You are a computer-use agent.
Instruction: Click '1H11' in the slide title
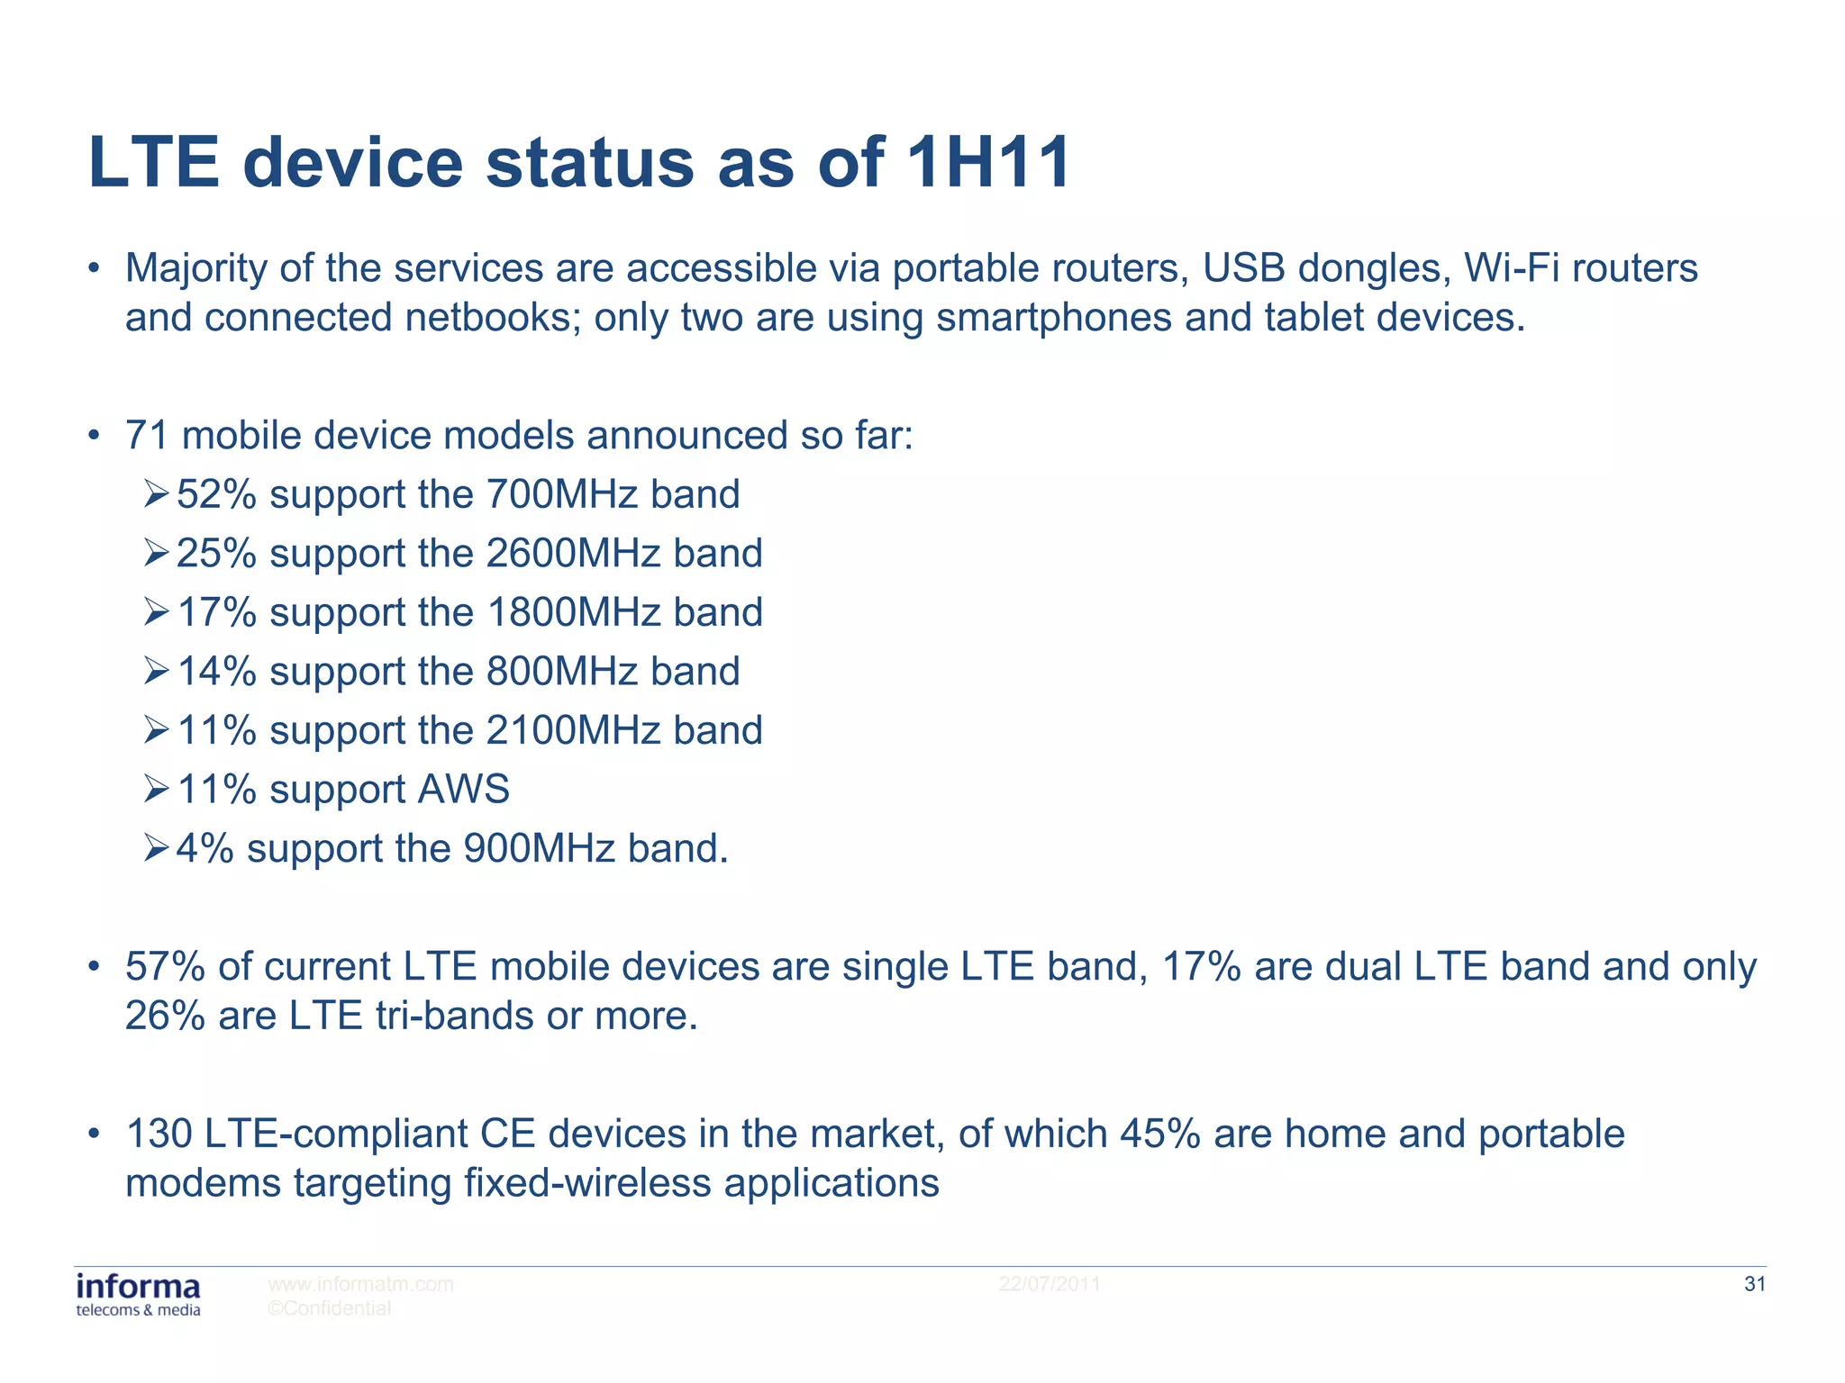coord(987,163)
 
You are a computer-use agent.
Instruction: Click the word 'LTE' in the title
coord(154,163)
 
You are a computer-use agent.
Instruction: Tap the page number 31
coord(1754,1284)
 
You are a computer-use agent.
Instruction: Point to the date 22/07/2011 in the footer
coord(1049,1284)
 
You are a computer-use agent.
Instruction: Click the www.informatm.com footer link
coord(360,1284)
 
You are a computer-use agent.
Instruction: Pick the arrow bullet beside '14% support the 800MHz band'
coord(156,671)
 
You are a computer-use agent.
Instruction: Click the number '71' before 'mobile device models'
coord(147,436)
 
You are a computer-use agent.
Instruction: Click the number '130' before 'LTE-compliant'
coord(159,1134)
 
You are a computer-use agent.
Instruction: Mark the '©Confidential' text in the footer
coord(329,1308)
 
